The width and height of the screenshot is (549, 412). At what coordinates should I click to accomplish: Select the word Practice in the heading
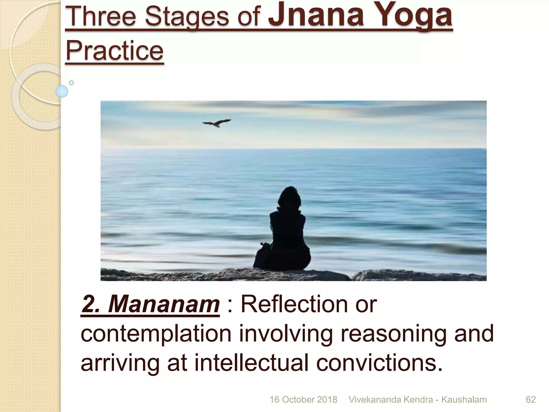click(x=114, y=50)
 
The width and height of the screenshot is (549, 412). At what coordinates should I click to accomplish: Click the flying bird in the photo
click(x=217, y=123)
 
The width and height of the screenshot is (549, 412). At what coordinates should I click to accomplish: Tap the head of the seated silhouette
click(x=289, y=196)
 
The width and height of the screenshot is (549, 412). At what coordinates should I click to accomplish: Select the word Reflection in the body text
click(x=294, y=304)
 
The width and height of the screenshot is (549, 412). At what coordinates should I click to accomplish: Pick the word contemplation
click(x=156, y=334)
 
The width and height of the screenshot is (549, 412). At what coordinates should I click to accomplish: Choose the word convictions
click(x=379, y=363)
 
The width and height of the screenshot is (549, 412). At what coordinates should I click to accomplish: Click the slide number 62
click(x=531, y=400)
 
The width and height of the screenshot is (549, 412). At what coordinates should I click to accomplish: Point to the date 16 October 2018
click(x=303, y=400)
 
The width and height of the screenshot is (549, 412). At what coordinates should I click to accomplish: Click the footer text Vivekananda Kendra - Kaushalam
click(x=417, y=400)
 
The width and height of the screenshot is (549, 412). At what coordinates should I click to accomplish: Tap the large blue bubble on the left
click(x=62, y=91)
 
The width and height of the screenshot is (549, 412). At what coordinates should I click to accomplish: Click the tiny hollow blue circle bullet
click(x=71, y=83)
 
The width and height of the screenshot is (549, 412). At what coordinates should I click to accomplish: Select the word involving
click(x=286, y=334)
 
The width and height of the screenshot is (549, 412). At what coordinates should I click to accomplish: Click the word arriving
click(x=120, y=363)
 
